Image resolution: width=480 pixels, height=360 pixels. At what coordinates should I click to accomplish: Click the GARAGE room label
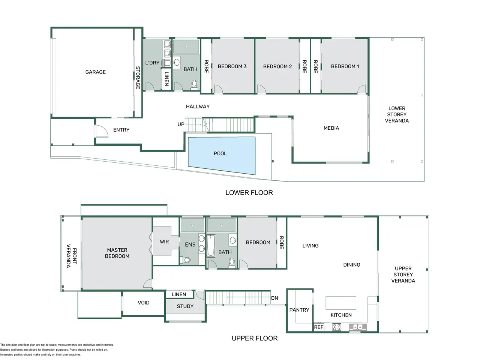pos(95,72)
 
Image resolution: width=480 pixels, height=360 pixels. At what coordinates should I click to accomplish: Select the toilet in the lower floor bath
pos(194,85)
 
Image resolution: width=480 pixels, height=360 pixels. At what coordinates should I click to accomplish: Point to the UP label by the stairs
pos(181,124)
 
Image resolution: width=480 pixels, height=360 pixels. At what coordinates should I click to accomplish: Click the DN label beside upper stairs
pos(274,298)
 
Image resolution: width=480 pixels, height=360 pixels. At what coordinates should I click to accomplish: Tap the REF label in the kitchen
pos(318,327)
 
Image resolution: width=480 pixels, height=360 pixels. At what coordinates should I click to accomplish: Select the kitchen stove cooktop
pos(336,327)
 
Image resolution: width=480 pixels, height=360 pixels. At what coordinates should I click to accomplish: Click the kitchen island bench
pos(341,303)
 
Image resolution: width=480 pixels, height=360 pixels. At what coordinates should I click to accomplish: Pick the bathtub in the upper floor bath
pos(211,246)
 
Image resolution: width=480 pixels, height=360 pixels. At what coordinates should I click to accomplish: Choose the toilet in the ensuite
pos(185,260)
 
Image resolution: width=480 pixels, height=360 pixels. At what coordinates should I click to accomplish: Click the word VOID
pos(144,303)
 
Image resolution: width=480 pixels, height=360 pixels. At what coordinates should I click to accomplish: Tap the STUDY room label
pos(185,306)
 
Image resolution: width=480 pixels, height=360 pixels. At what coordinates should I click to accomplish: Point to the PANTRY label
pos(299,310)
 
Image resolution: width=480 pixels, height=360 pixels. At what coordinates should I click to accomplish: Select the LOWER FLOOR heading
pos(249,193)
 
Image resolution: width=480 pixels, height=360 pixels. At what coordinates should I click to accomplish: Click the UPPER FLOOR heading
pos(255,338)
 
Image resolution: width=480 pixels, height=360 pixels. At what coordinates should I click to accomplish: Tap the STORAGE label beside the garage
pos(138,78)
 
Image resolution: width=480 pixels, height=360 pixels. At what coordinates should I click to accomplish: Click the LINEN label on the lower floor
pos(166,79)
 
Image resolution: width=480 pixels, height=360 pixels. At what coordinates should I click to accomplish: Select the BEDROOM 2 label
pos(277,66)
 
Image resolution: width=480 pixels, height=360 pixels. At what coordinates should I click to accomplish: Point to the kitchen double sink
pos(357,327)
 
